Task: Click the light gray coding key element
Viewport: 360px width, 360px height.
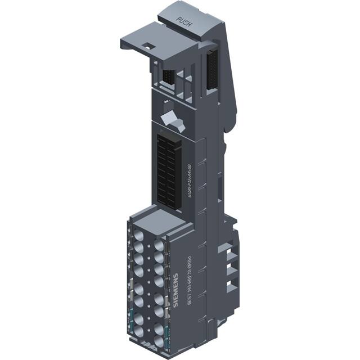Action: coord(169,120)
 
